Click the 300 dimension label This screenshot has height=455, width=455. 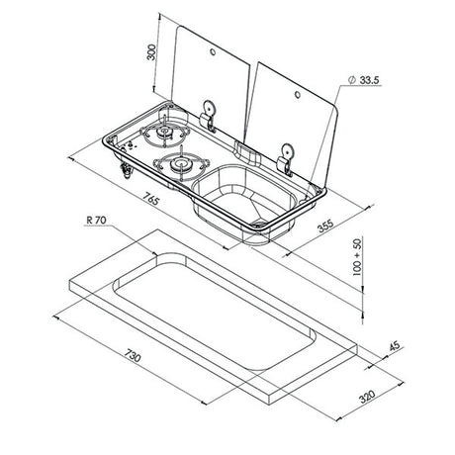[151, 52]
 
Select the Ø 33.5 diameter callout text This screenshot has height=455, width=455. [364, 80]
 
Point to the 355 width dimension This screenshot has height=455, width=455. [325, 226]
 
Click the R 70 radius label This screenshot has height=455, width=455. [96, 220]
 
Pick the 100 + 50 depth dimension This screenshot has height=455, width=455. [357, 257]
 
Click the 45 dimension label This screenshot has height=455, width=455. [395, 345]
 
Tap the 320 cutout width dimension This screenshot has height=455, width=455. [367, 397]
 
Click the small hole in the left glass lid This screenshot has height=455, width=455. [213, 52]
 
